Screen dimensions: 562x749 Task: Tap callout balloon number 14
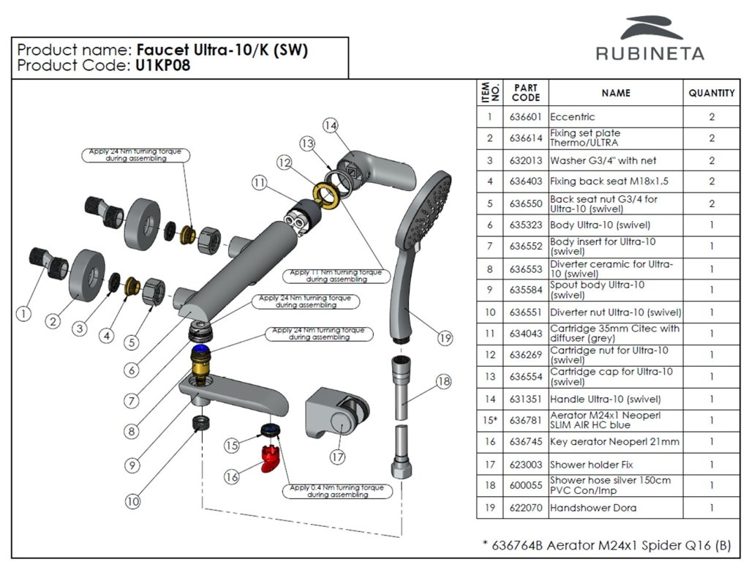tap(331, 125)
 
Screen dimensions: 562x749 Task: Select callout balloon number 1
tap(24, 314)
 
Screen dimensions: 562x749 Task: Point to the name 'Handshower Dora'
tap(593, 508)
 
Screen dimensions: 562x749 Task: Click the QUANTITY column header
tap(711, 94)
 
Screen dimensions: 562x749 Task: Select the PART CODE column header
tap(526, 93)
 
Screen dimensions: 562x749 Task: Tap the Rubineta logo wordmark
tap(650, 53)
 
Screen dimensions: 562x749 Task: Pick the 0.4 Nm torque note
tap(336, 491)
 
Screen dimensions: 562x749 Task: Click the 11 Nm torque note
tap(336, 276)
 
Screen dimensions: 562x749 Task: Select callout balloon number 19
tap(446, 338)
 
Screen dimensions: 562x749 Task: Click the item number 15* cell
tap(489, 420)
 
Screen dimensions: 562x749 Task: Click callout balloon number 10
tap(132, 502)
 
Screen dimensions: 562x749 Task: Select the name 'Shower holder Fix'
tap(592, 465)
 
